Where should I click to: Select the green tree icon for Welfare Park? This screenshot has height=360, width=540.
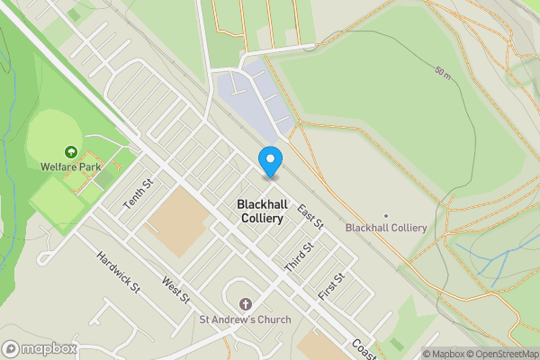70,151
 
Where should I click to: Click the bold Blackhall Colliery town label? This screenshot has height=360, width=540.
260,211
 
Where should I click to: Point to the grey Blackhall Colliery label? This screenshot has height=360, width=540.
385,228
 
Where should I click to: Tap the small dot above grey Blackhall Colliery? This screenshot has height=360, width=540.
385,216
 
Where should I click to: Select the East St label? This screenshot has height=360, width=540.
310,216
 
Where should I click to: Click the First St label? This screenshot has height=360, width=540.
331,286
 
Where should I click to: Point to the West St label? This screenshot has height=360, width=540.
176,290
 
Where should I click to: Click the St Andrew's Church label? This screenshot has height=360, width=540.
246,319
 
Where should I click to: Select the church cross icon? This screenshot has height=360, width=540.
246,303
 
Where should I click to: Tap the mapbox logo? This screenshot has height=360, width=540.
39,348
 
